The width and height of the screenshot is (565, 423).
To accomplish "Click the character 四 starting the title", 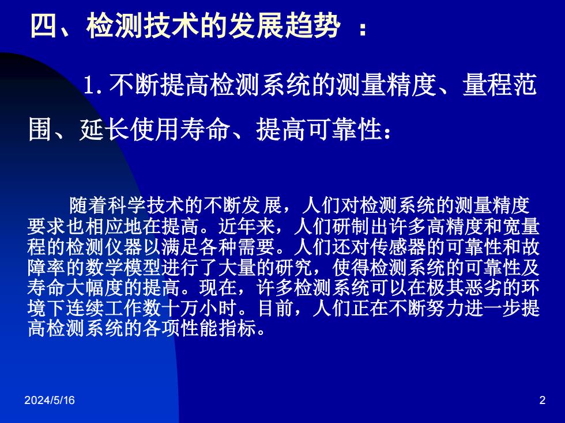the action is pyautogui.click(x=44, y=26).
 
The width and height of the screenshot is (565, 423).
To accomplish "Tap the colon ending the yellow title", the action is pyautogui.click(x=363, y=28).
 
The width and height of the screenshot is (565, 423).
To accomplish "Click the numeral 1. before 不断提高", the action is pyautogui.click(x=93, y=85).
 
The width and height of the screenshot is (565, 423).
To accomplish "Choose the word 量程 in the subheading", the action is pyautogui.click(x=488, y=85).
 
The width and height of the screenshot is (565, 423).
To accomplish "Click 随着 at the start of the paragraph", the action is pyautogui.click(x=88, y=206).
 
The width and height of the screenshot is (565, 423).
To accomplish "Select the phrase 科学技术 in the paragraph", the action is pyautogui.click(x=145, y=206).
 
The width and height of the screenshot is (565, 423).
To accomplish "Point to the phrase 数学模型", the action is pyautogui.click(x=122, y=267).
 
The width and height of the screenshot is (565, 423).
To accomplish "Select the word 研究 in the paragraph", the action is pyautogui.click(x=293, y=267).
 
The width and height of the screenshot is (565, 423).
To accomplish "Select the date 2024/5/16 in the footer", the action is pyautogui.click(x=50, y=401).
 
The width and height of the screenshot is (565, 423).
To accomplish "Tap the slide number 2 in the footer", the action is pyautogui.click(x=543, y=401).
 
